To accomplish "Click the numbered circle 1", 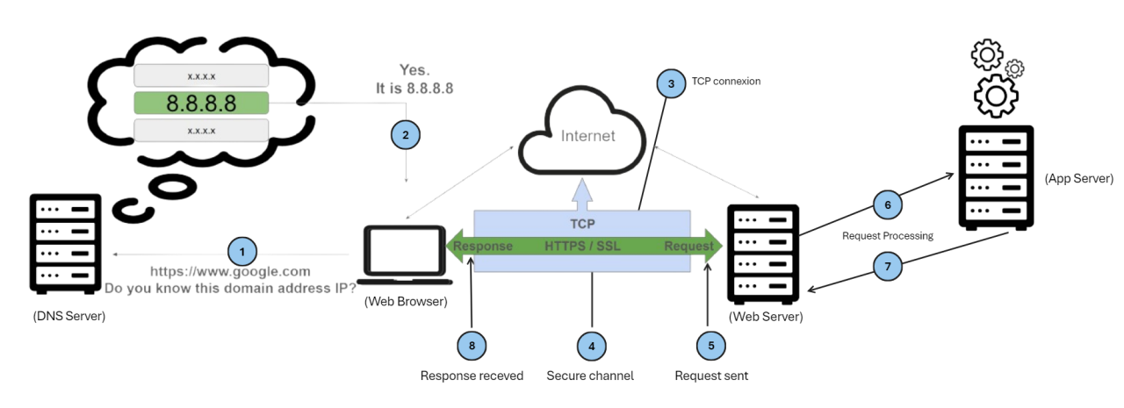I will tap(241, 252).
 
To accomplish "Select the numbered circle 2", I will tap(405, 135).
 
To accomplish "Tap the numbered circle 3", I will tap(672, 84).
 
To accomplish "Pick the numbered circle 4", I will tap(591, 346).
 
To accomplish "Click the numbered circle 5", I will tap(710, 346).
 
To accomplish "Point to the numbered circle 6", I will tap(887, 204).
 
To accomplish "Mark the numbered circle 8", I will tap(472, 346).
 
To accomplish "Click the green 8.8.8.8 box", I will tap(201, 104).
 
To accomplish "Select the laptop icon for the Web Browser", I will tap(407, 255).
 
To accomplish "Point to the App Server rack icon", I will tap(995, 177).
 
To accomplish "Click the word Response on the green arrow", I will tap(482, 246).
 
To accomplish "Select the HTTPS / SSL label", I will tap(582, 246).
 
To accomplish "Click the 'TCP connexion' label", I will tap(725, 81).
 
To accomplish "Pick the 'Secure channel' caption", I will tap(590, 376).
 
